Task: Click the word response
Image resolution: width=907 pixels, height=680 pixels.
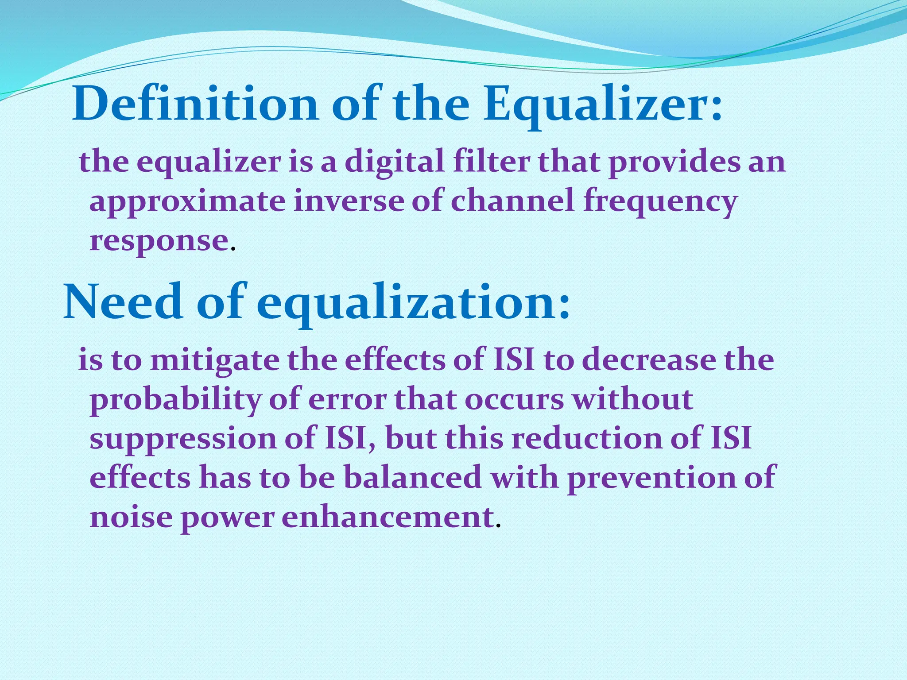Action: click(159, 242)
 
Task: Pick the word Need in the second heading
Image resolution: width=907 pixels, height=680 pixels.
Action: click(123, 302)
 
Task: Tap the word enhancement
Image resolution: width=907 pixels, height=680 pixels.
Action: click(388, 517)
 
